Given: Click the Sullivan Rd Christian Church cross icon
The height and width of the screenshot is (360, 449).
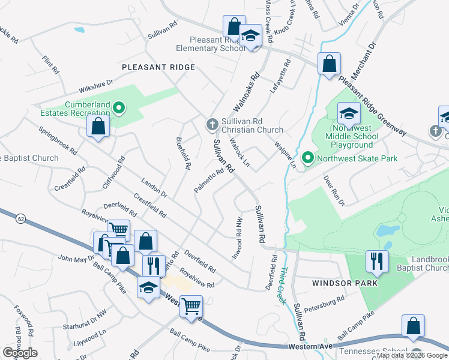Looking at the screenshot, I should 211,124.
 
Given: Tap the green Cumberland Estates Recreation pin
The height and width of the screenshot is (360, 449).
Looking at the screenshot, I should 119,108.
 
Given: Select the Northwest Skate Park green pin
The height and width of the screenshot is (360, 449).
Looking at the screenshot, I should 308,158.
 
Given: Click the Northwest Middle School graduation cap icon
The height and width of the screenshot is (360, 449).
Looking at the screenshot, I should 349,112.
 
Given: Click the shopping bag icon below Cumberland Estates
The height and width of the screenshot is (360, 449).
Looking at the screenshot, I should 97,126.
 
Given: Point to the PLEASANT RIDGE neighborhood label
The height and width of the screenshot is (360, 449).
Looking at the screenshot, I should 158,68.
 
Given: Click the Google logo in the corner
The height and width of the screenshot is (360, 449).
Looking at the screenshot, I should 20,352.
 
